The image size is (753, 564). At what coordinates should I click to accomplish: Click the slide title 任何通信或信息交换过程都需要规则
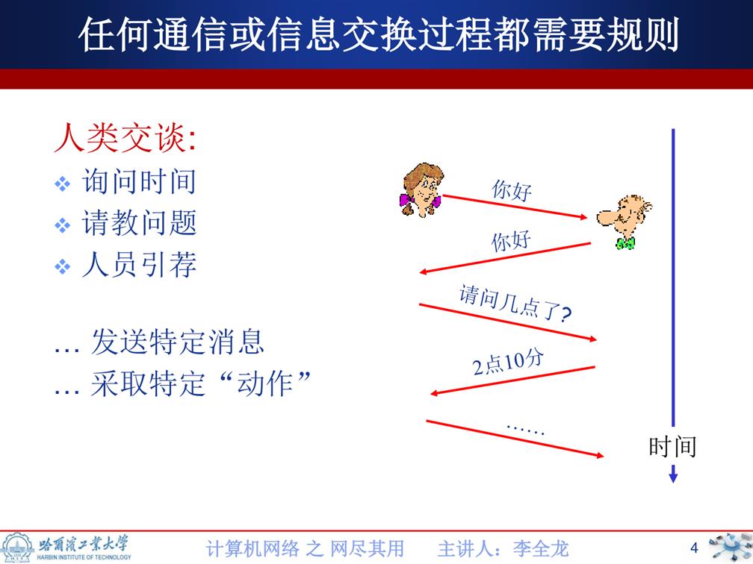tap(379, 34)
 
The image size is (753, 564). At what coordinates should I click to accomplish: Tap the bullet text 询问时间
tap(139, 182)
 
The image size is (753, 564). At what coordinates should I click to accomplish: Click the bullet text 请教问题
tap(139, 223)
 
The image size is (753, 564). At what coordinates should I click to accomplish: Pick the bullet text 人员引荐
tap(139, 265)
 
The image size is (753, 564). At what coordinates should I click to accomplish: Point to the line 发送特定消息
tap(178, 342)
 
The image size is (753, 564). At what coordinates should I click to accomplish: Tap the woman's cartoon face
tap(421, 189)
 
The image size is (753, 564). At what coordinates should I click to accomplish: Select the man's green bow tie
tap(626, 244)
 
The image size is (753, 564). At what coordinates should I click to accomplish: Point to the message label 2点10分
tap(508, 363)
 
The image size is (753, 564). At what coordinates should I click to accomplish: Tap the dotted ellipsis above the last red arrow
tap(526, 429)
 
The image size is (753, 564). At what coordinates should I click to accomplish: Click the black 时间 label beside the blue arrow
tap(672, 446)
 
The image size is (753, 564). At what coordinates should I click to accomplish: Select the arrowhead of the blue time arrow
tap(673, 476)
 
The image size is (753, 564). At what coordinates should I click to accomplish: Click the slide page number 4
tap(694, 548)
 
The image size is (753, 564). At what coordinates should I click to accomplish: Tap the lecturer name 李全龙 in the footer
tap(541, 548)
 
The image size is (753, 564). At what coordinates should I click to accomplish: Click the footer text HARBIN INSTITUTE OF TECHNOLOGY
tap(84, 557)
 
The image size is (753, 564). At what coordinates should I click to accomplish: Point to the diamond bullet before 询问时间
tap(63, 184)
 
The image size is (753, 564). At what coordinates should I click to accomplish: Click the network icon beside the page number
tap(729, 547)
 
